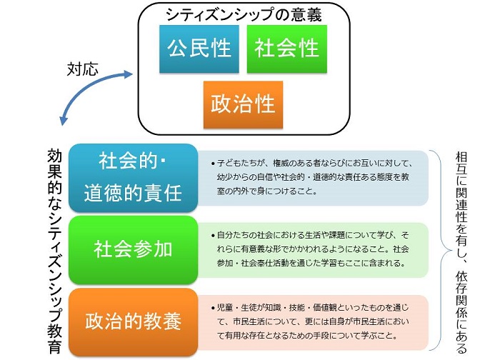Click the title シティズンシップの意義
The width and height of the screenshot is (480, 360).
(244, 14)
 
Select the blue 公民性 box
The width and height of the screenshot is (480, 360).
(199, 49)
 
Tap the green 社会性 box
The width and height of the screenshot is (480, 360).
(287, 49)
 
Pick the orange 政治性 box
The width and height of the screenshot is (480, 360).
(243, 104)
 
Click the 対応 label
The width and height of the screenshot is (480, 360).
(82, 69)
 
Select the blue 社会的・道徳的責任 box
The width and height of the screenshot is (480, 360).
(133, 178)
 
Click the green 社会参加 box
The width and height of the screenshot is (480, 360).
(133, 250)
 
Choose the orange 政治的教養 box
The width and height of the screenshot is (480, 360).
(133, 322)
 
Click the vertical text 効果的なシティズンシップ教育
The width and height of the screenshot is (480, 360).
(55, 251)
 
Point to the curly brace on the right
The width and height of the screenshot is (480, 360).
(441, 250)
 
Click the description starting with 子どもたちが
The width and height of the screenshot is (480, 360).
(313, 178)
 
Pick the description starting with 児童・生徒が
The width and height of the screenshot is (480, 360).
(310, 322)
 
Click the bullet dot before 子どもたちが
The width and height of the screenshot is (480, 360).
(213, 164)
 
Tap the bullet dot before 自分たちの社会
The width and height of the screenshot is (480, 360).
(213, 236)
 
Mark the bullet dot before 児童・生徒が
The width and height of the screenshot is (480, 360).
(213, 309)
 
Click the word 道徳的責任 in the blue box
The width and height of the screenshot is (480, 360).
(133, 194)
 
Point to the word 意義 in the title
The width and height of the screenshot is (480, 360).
(306, 14)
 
